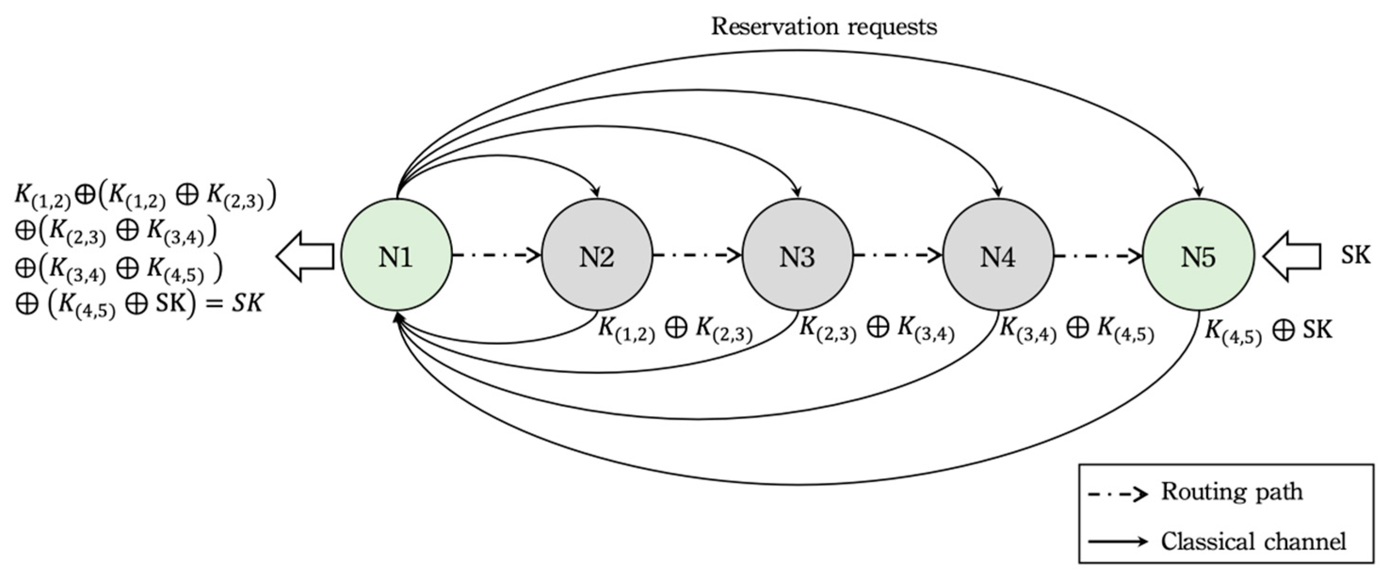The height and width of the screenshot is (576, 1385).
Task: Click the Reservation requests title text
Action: click(824, 26)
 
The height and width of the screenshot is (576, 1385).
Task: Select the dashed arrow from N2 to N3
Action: click(697, 256)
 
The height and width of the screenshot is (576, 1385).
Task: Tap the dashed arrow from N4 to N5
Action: click(1098, 256)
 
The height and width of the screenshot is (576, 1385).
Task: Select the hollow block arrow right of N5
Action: click(1291, 256)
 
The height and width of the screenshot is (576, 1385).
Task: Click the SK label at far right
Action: click(1355, 255)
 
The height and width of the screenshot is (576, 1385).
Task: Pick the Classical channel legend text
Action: click(1253, 541)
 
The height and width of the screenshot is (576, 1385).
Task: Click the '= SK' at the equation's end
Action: click(234, 304)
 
